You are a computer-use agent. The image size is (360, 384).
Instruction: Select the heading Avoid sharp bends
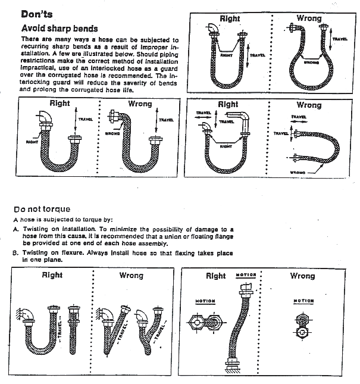click(60, 28)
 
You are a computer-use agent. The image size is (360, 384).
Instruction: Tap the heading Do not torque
click(42, 209)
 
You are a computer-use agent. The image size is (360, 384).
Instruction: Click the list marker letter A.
click(16, 229)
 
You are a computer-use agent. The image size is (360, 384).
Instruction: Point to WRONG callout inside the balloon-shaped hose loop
click(311, 61)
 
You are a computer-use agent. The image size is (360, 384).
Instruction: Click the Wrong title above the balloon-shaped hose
click(309, 18)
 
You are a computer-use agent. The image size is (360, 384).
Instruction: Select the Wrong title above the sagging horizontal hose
click(309, 105)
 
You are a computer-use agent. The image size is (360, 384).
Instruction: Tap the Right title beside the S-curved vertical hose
click(215, 276)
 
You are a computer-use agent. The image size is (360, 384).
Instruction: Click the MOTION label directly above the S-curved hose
click(245, 274)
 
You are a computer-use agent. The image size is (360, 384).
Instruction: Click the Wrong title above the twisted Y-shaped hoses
click(131, 276)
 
